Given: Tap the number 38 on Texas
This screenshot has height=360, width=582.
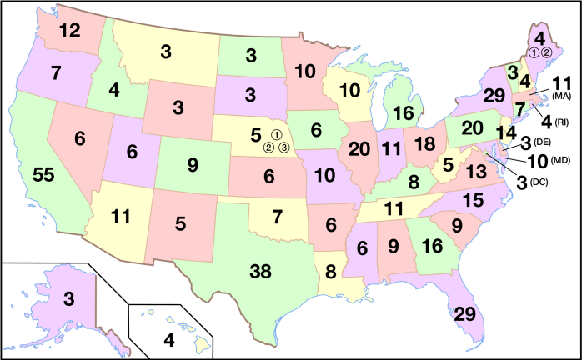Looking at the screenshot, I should click(261, 271).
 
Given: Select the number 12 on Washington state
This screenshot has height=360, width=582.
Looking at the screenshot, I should click(69, 32).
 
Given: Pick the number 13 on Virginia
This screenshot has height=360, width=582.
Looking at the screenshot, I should click(476, 171).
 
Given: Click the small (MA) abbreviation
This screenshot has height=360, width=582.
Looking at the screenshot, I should click(561, 96).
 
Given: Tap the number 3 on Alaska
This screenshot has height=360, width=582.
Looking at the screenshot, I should click(69, 298).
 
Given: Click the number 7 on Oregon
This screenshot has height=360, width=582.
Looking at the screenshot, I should click(57, 73).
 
